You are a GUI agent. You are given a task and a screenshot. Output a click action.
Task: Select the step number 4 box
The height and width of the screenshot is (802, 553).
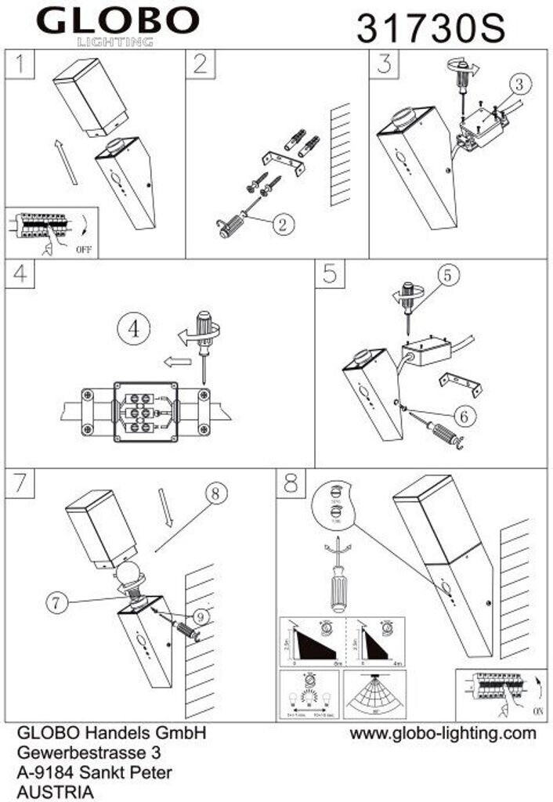pos(20,273)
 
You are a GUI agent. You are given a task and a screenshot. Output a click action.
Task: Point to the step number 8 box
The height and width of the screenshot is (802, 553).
pos(291,484)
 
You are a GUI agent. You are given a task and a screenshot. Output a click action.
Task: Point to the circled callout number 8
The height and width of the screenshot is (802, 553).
pos(217,494)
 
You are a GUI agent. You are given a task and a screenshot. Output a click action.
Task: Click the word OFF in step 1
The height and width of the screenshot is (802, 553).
pos(85,251)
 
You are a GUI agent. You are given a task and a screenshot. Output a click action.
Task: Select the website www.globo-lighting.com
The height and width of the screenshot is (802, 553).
pos(443,734)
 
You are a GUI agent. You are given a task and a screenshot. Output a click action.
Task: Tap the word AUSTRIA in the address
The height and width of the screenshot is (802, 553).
pos(55,792)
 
